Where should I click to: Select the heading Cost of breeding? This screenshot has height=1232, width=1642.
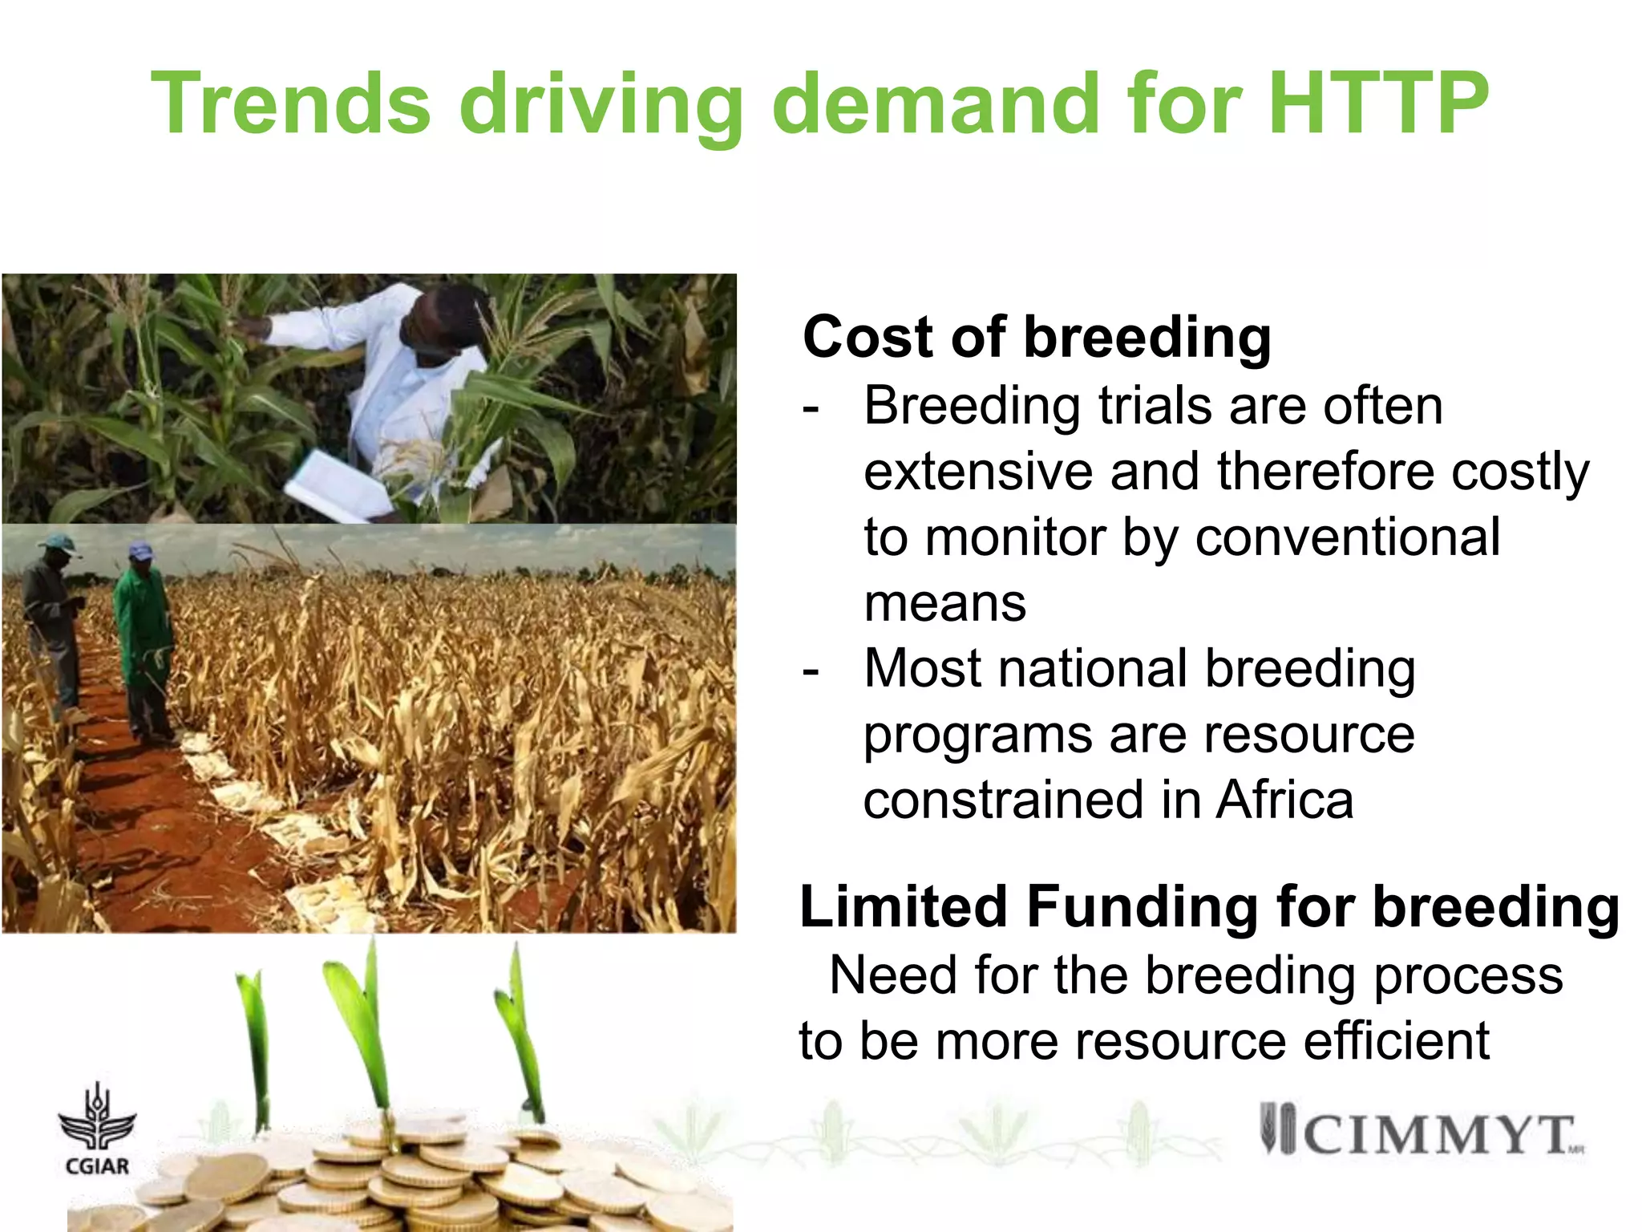[1036, 337]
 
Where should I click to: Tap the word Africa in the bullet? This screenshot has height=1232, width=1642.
[1284, 800]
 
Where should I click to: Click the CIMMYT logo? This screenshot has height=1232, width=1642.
[1419, 1133]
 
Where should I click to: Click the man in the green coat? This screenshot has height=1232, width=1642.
[144, 642]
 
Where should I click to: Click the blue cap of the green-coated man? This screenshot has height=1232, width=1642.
[140, 550]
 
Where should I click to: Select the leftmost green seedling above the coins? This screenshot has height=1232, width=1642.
[255, 1043]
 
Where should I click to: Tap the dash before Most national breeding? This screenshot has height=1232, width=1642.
[811, 670]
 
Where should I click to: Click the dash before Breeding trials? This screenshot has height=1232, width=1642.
[811, 407]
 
